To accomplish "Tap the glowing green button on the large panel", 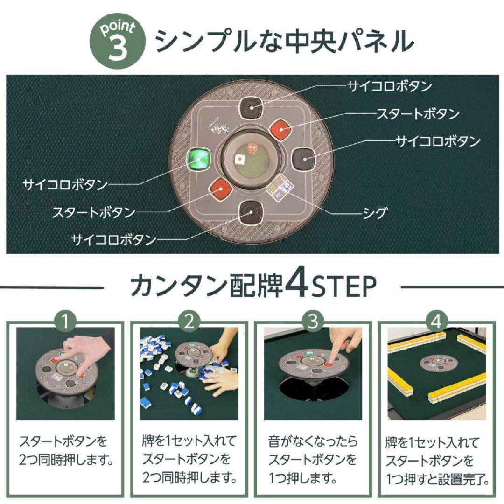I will [x=197, y=160].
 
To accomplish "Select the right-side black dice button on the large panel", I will [x=304, y=160].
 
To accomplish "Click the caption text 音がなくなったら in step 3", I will [x=313, y=441].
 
